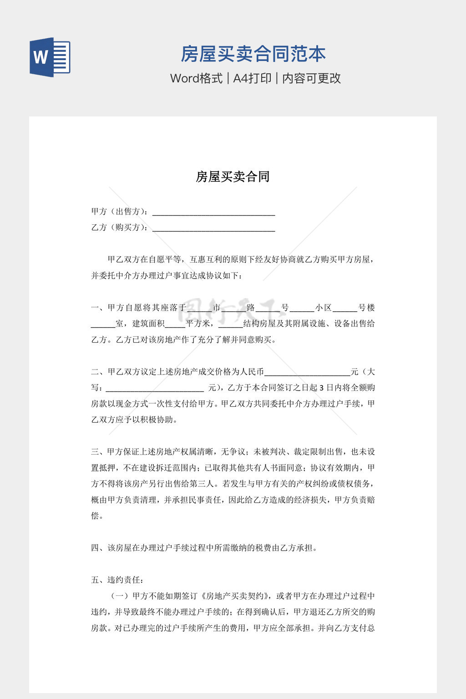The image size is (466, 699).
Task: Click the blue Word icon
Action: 50,57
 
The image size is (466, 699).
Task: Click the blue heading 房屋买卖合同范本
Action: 253,54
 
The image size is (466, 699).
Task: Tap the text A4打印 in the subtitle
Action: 253,78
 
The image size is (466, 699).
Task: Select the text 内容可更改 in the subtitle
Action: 312,78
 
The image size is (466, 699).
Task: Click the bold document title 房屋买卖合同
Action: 233,177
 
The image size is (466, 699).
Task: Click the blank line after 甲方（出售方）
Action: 213,213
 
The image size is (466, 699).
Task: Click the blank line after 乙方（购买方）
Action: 213,229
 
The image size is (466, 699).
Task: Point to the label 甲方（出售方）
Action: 120,212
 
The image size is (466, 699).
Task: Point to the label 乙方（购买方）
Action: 120,228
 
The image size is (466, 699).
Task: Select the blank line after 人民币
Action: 307,374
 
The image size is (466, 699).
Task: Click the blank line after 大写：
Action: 155,390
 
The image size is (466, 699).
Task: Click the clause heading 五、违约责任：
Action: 118,580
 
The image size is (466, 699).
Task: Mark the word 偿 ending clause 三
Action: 95,516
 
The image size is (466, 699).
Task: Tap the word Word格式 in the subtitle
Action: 196,78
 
